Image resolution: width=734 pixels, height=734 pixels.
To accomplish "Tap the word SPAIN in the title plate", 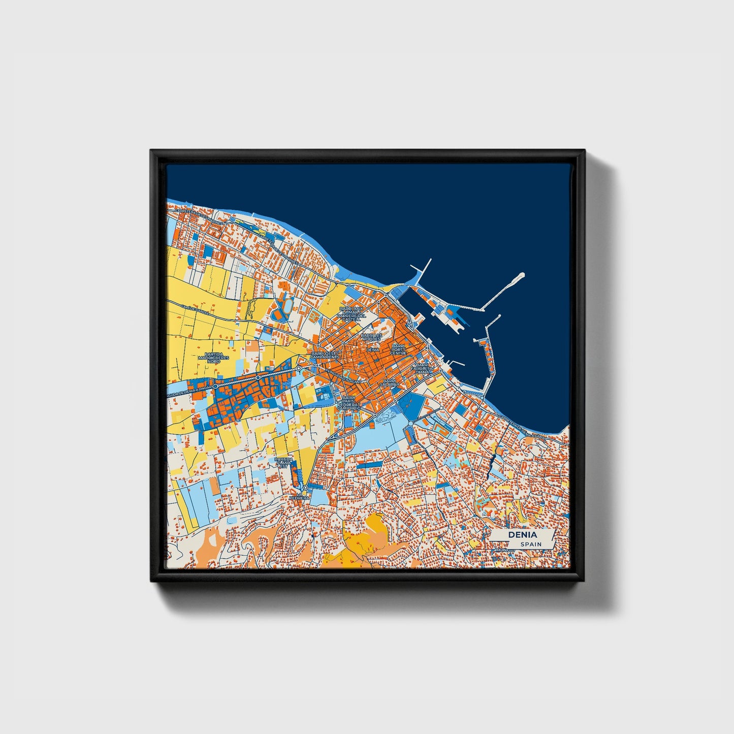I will (x=530, y=545).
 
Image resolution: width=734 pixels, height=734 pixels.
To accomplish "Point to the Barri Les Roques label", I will (x=371, y=337).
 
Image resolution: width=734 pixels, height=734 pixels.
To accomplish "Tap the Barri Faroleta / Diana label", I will (x=421, y=368).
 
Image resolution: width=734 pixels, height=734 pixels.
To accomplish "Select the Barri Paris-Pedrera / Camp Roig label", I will (x=348, y=402).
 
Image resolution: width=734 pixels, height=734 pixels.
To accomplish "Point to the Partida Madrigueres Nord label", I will (x=214, y=358).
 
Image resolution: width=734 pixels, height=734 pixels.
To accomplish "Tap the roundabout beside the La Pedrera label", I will (x=305, y=488).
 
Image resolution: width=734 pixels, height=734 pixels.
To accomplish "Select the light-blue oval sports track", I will (x=287, y=306).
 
